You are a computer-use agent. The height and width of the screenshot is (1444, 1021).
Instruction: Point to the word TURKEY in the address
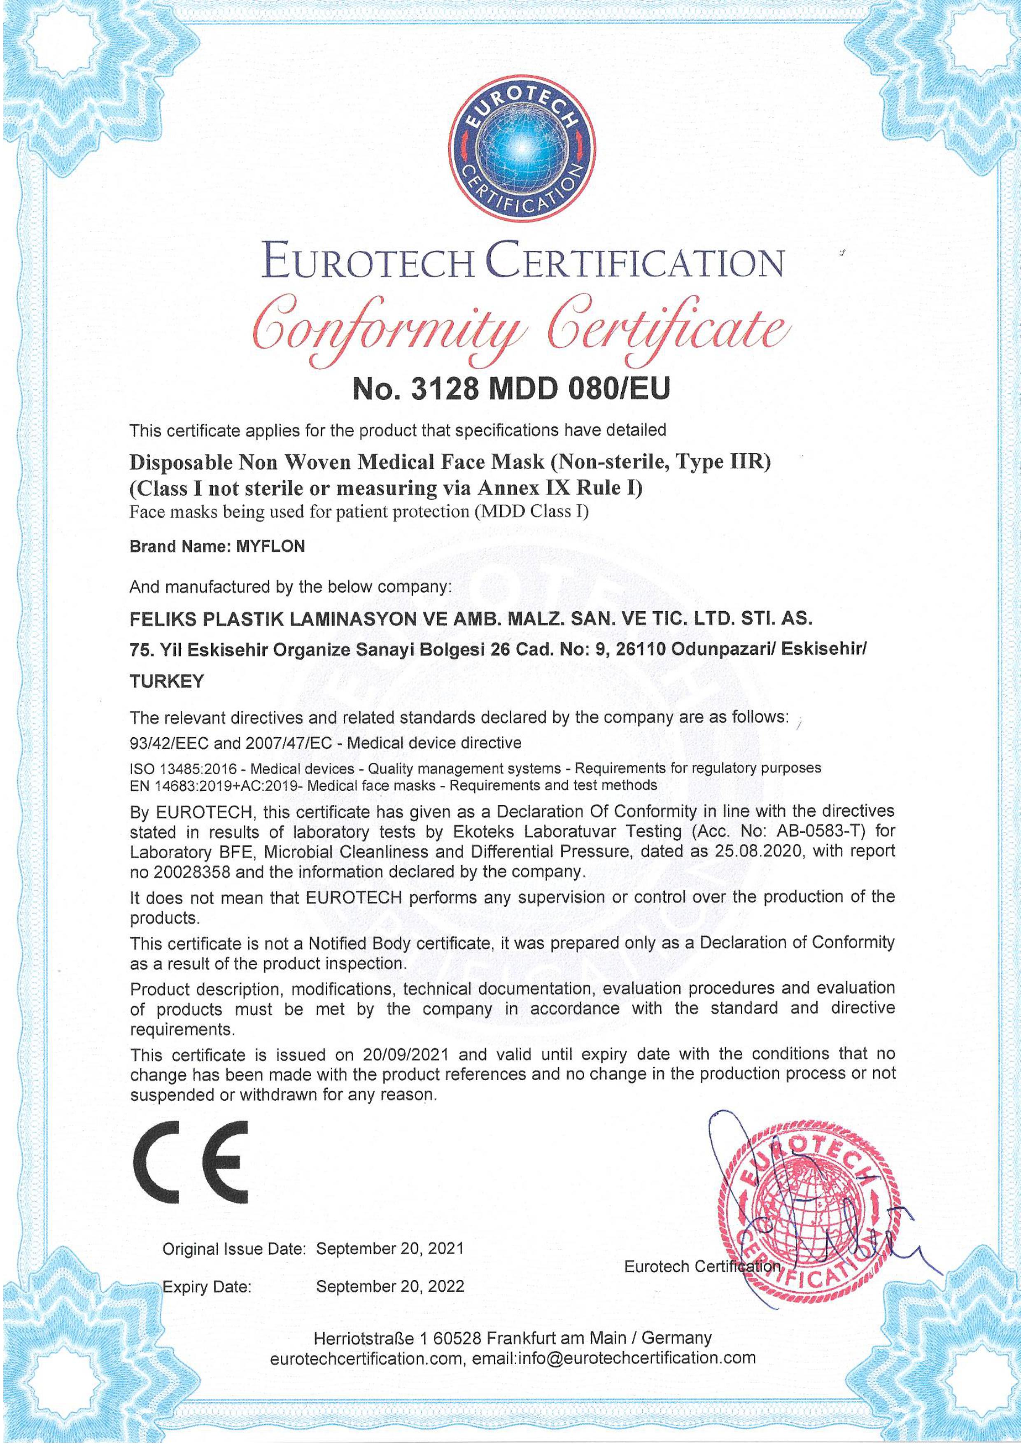coord(167,682)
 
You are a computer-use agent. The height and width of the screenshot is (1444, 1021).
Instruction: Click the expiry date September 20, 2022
coord(389,1286)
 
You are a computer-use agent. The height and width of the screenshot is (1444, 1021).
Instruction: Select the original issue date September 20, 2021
coord(389,1248)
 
